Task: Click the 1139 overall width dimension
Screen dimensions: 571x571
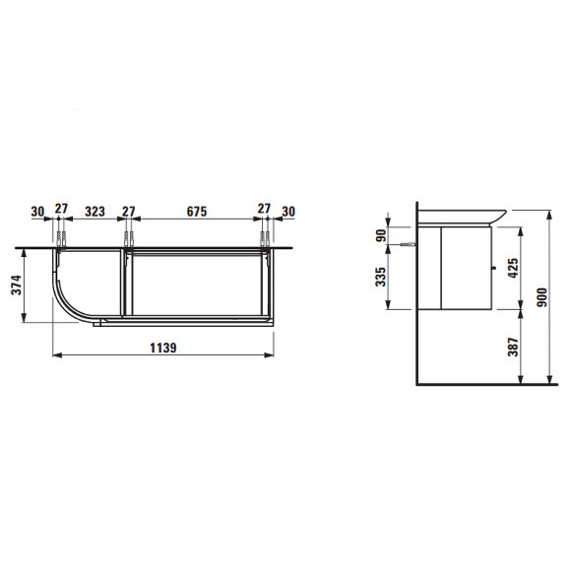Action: pyautogui.click(x=163, y=348)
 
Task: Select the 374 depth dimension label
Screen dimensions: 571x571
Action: pyautogui.click(x=17, y=285)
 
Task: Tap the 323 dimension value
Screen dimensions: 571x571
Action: pyautogui.click(x=95, y=212)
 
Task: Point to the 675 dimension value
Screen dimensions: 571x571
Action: pyautogui.click(x=197, y=212)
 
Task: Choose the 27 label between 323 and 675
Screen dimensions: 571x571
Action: pyautogui.click(x=128, y=212)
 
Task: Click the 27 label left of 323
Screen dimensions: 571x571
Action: pyautogui.click(x=61, y=209)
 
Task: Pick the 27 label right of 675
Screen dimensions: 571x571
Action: pyautogui.click(x=264, y=209)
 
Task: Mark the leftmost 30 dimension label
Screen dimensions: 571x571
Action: pyautogui.click(x=37, y=212)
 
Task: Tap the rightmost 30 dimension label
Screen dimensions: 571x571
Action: pyautogui.click(x=288, y=212)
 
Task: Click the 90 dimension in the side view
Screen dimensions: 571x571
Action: pyautogui.click(x=381, y=235)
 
